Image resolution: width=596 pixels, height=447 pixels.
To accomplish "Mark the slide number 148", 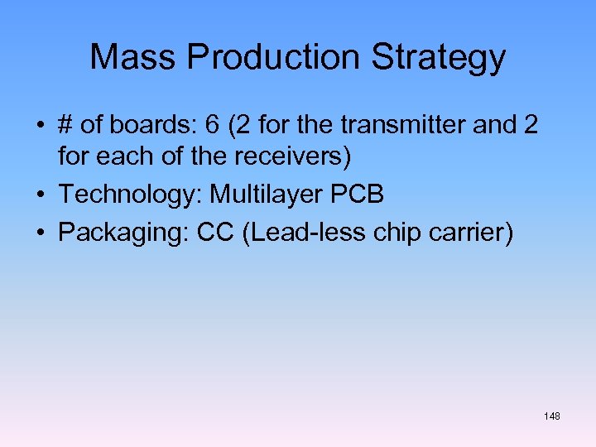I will [x=552, y=416].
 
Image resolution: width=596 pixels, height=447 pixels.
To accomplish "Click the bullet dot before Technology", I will [x=41, y=195].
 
